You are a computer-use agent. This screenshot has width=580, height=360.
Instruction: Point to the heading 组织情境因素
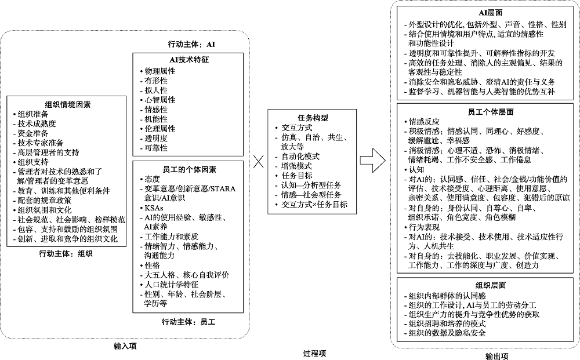pyautogui.click(x=67, y=104)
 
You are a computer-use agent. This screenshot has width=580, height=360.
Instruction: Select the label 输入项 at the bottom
pyautogui.click(x=125, y=346)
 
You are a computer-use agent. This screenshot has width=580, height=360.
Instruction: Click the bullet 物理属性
pyautogui.click(x=159, y=71)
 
